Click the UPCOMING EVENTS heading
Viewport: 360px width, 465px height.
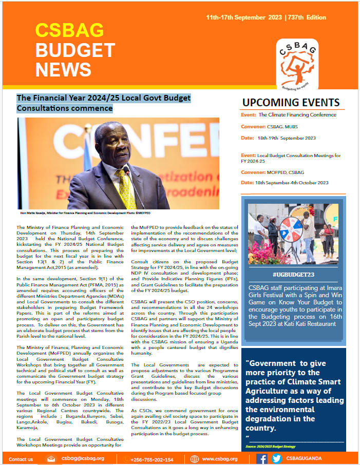(291, 102)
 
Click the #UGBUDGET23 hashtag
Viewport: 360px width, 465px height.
(294, 275)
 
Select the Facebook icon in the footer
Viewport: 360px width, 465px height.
(262, 458)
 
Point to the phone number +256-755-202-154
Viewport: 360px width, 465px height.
(151, 459)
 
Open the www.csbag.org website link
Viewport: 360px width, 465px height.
(220, 459)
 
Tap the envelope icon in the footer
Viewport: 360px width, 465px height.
(51, 458)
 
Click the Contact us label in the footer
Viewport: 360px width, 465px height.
(21, 459)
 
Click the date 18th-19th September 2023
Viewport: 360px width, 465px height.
(287, 138)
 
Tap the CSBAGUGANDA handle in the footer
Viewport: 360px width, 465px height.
(311, 459)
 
